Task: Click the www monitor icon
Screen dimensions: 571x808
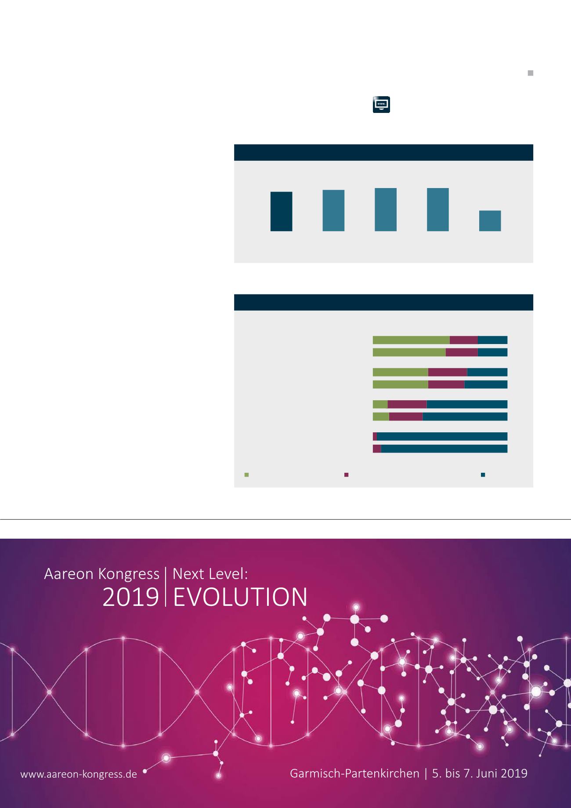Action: coord(381,105)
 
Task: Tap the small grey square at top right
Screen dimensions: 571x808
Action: coord(530,73)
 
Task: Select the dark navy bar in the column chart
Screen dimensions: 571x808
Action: coord(281,211)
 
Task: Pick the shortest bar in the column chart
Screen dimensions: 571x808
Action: coord(490,221)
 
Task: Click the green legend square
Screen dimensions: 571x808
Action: coord(246,475)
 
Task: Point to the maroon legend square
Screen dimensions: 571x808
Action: coord(346,475)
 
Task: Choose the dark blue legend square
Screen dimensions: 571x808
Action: coord(483,475)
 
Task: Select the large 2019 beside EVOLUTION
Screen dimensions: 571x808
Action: coord(130,597)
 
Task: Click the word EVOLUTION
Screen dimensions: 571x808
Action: coord(240,597)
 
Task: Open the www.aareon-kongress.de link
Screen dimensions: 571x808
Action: coord(79,774)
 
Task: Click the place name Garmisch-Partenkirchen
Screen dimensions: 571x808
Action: coord(354,773)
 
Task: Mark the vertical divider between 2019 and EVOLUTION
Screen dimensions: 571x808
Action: coord(166,587)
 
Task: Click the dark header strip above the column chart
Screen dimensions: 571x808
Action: coord(383,152)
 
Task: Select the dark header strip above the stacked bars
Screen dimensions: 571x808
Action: coord(383,302)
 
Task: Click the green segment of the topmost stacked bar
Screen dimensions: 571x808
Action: coord(411,340)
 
